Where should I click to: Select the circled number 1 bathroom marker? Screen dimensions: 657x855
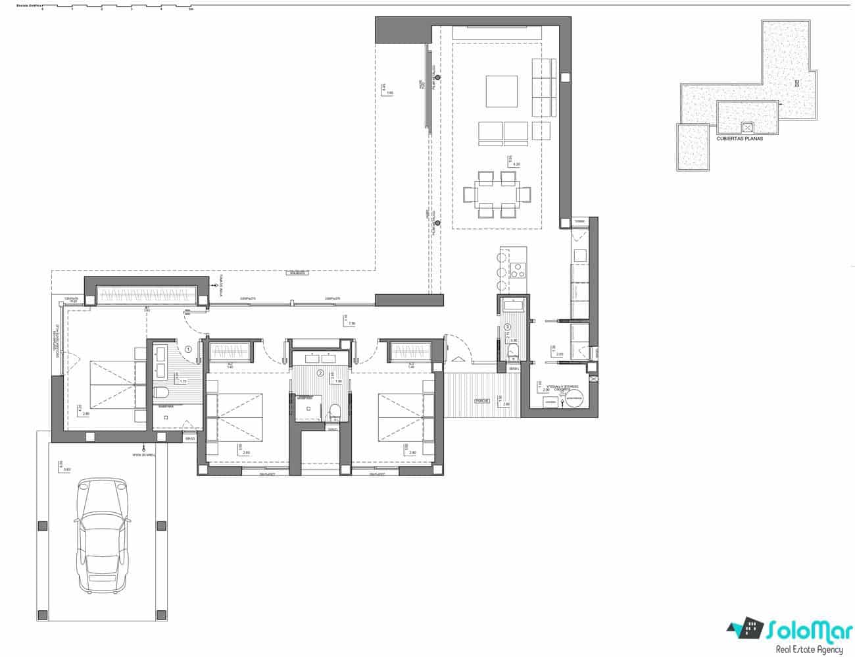[188, 350]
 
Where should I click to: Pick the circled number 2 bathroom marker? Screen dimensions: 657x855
[320, 373]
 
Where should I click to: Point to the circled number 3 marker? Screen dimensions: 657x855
[507, 327]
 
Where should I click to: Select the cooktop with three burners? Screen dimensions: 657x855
[518, 269]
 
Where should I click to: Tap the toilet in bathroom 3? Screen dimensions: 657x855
[513, 351]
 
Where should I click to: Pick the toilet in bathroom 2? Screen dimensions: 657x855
[335, 412]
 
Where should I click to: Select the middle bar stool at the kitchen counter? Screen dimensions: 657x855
[501, 271]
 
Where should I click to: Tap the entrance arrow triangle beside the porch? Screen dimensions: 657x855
[458, 359]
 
